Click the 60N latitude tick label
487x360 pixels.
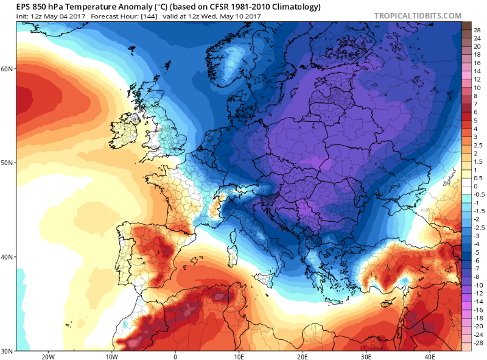[x=7, y=69]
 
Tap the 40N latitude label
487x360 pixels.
[x=7, y=257]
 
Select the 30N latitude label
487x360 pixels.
[x=7, y=351]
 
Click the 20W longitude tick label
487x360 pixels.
[x=48, y=356]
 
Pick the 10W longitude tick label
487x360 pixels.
[x=111, y=356]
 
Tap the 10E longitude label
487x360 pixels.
[x=239, y=356]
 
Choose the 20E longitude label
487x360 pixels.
[x=303, y=356]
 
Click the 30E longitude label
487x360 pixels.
[x=366, y=356]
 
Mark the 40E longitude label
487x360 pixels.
[x=430, y=356]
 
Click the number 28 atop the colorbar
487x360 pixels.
[x=477, y=30]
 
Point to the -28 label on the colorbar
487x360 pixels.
[x=478, y=342]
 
